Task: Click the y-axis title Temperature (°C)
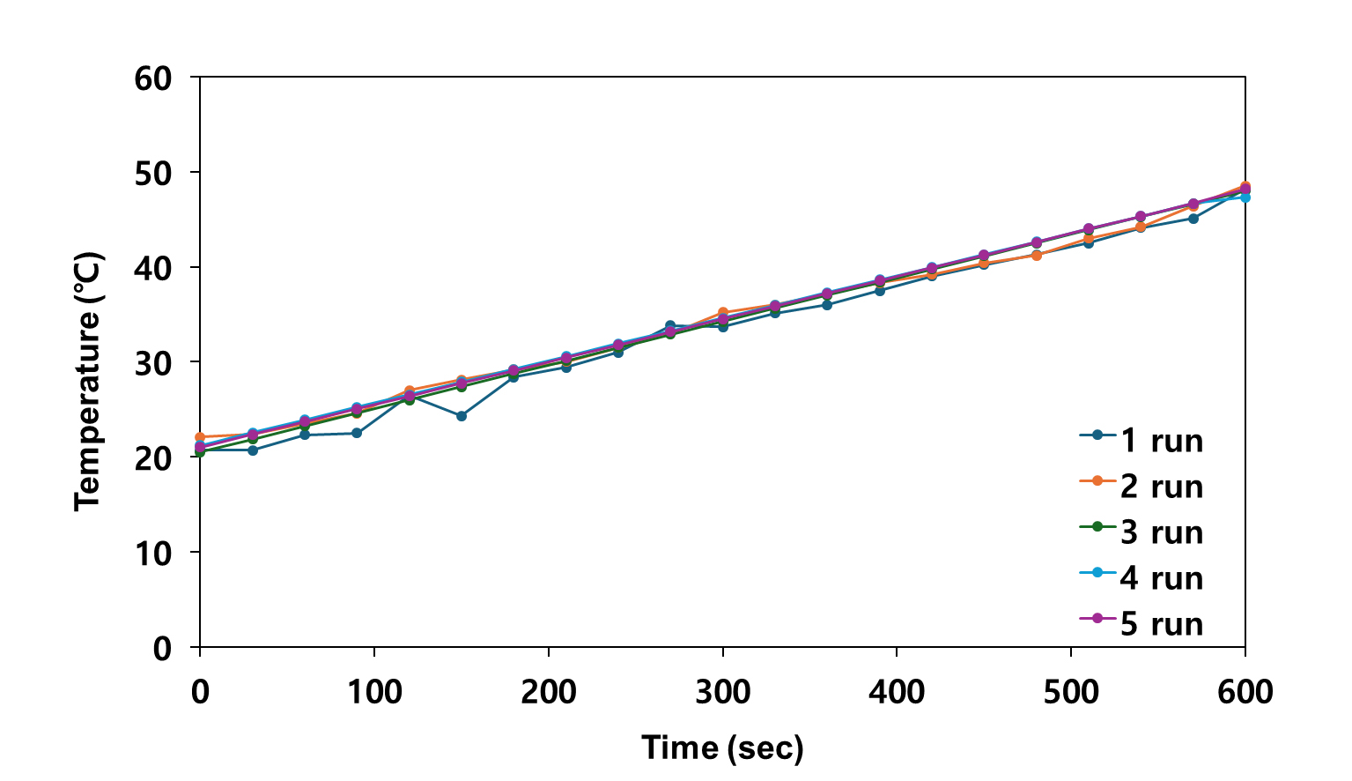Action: coord(88,382)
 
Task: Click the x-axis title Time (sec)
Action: coord(722,748)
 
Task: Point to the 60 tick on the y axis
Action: coord(153,78)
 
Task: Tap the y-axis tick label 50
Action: coord(153,173)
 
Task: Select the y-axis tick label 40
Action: coord(153,268)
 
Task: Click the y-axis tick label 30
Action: coord(153,363)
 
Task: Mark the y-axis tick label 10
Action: coord(153,553)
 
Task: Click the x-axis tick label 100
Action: coord(374,692)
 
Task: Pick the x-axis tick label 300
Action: coord(722,692)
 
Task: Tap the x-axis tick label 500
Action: coord(1071,692)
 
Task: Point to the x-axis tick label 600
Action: coord(1245,692)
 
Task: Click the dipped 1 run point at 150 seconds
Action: coord(462,416)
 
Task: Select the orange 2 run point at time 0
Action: coord(200,437)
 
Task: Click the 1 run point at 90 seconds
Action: coord(357,433)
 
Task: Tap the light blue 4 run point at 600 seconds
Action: coord(1245,197)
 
